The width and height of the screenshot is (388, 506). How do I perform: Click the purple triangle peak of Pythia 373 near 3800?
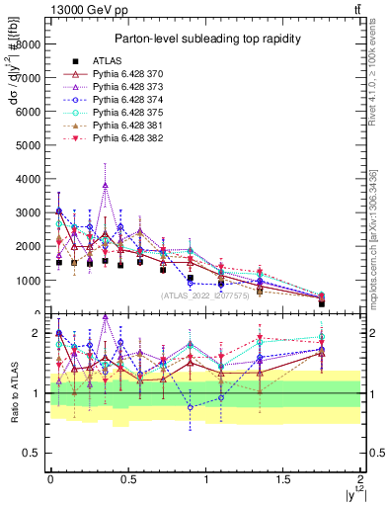coord(105,185)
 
